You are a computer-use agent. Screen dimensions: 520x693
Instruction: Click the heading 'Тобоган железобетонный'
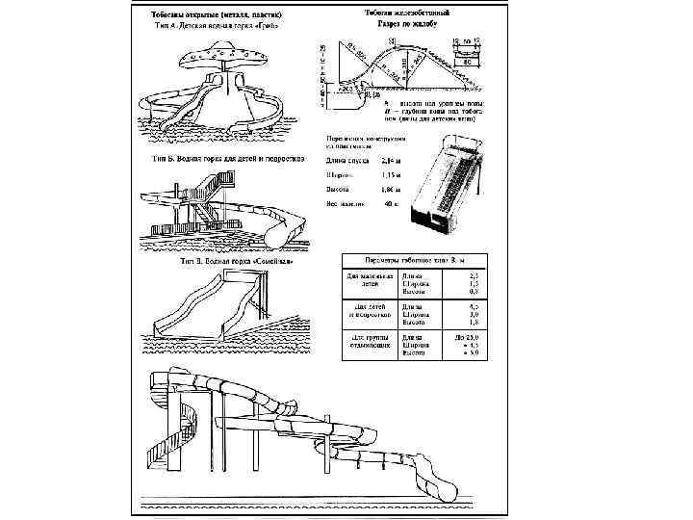(411, 13)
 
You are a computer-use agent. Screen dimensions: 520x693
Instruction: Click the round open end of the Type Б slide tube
(284, 231)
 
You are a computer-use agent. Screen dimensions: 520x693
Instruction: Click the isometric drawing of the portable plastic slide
(446, 183)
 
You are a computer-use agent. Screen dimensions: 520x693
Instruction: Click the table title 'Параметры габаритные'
(414, 260)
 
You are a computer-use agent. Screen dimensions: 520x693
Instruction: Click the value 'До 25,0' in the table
(465, 338)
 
